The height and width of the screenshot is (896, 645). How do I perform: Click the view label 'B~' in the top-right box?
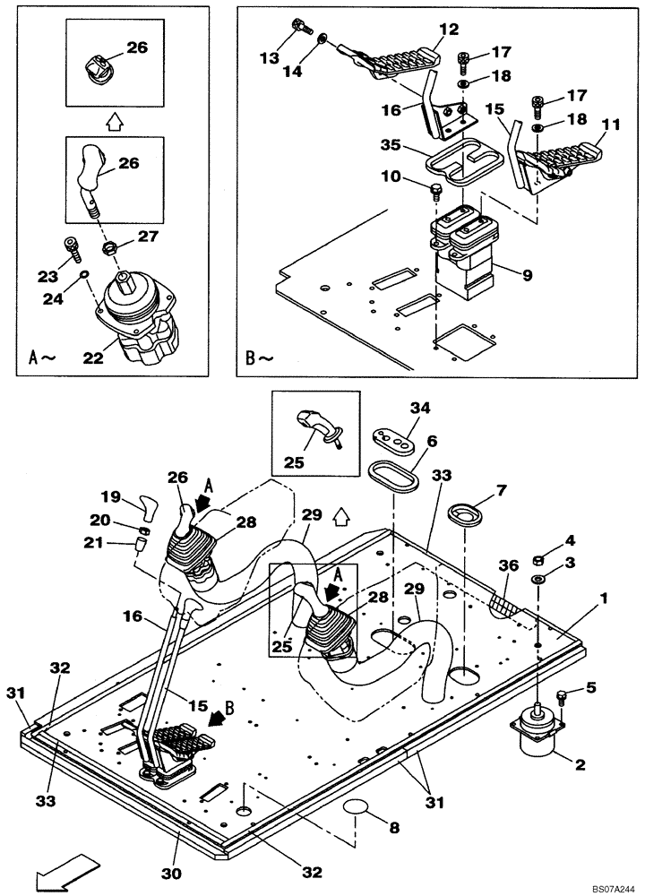260,359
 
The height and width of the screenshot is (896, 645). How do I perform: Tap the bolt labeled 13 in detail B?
299,32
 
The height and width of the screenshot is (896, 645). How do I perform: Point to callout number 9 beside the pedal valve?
527,275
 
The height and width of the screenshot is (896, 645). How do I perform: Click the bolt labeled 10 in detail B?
436,189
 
